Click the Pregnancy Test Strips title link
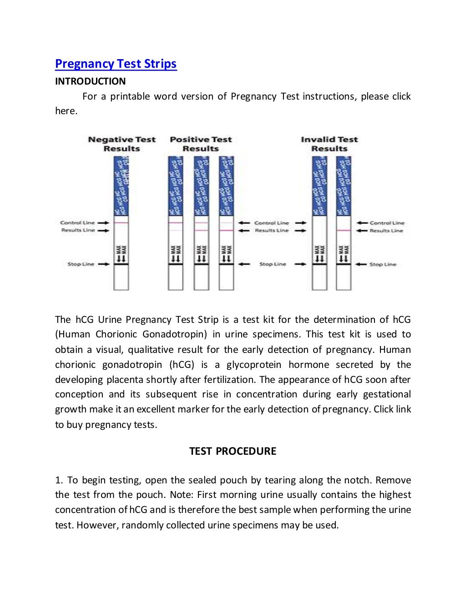[x=116, y=64]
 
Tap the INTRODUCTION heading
[x=90, y=81]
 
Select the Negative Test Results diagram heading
[x=122, y=144]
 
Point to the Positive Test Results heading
[x=201, y=144]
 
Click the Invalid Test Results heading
[x=329, y=144]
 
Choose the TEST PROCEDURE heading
[x=233, y=451]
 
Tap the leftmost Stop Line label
[x=81, y=264]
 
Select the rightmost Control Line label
[x=387, y=223]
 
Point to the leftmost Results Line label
[x=78, y=230]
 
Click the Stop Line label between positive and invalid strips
[x=273, y=264]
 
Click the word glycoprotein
[x=254, y=365]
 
